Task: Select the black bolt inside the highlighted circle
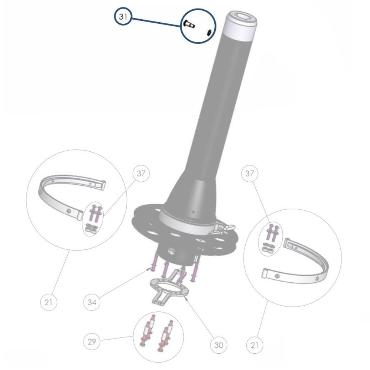tap(188, 24)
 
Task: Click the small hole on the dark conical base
tap(193, 212)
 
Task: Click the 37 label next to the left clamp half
tap(141, 174)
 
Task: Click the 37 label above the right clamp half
tap(249, 174)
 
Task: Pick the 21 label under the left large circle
tap(48, 302)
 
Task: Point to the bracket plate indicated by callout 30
tap(168, 290)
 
